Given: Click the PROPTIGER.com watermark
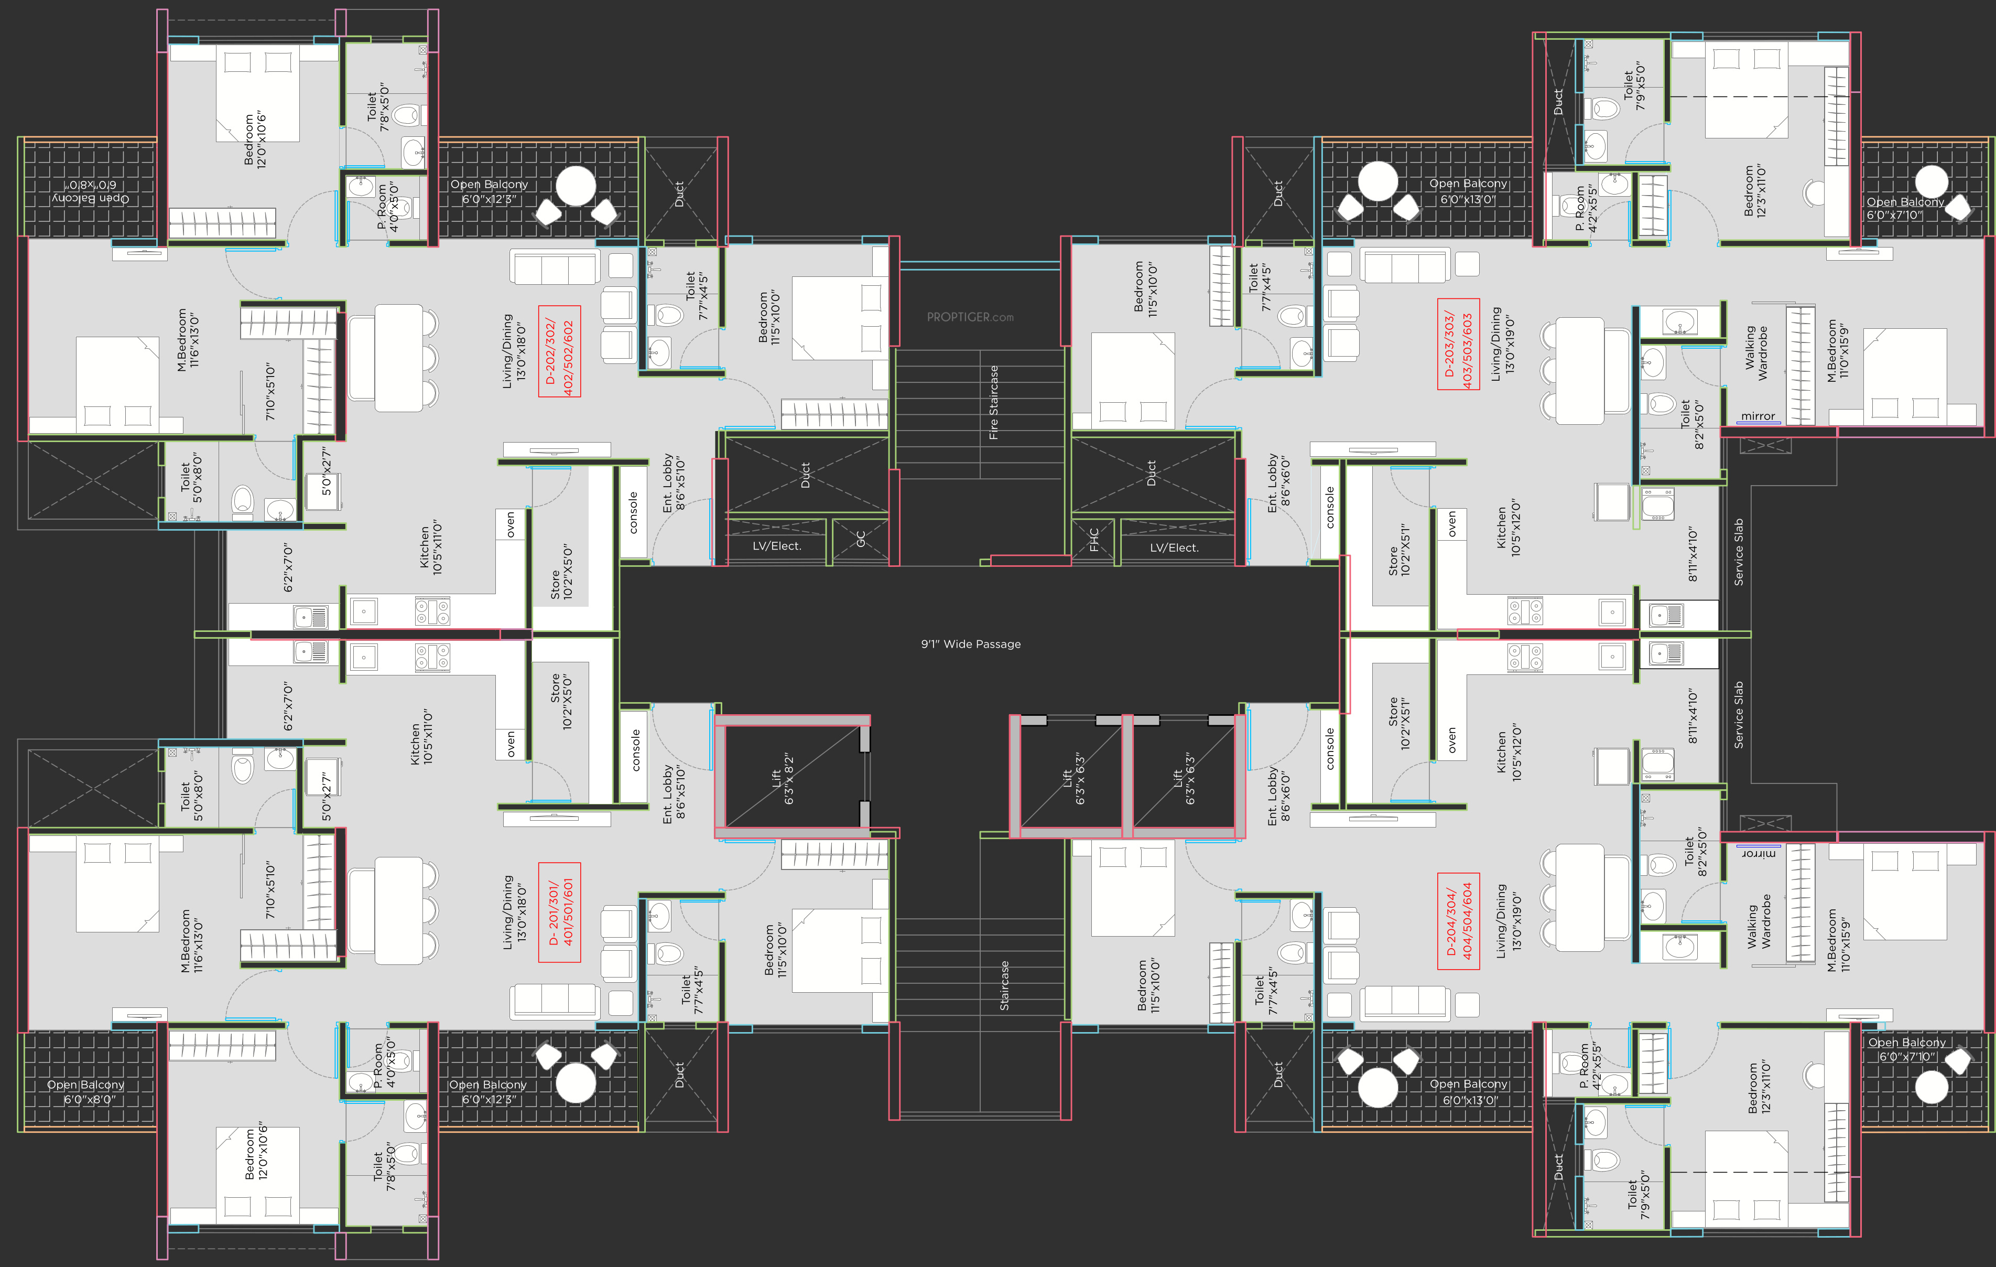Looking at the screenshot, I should click(x=970, y=317).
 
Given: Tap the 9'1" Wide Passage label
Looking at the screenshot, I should click(x=971, y=645).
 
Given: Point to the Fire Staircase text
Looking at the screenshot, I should click(x=993, y=402).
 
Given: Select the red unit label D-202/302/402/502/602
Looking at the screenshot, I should click(x=559, y=351).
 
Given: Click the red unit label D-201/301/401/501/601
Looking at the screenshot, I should click(x=559, y=912).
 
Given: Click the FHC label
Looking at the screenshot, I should click(x=1093, y=540).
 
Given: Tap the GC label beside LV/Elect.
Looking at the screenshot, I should click(x=860, y=539).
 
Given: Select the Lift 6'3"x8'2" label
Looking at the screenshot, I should click(x=783, y=779).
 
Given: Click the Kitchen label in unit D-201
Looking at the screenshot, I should click(x=421, y=736).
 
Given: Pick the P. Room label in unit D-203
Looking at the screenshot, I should click(x=1585, y=208).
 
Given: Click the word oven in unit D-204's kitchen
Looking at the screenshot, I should click(x=1451, y=740).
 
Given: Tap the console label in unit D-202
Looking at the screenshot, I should click(x=633, y=512).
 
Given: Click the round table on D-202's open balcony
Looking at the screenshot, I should click(x=575, y=186).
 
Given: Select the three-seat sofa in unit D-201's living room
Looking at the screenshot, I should click(x=555, y=1001).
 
